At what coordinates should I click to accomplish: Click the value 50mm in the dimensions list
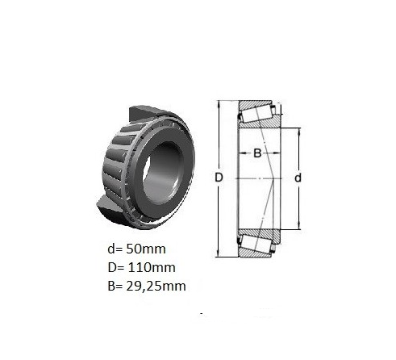[146, 249]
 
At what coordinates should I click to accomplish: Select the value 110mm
[152, 267]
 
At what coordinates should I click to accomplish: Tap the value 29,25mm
[156, 286]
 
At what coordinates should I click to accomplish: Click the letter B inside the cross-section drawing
[257, 153]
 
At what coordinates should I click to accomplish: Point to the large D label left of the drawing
[219, 178]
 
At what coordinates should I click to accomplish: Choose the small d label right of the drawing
[298, 178]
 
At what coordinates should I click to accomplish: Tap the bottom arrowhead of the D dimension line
[219, 253]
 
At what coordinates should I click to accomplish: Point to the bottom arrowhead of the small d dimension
[298, 226]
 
